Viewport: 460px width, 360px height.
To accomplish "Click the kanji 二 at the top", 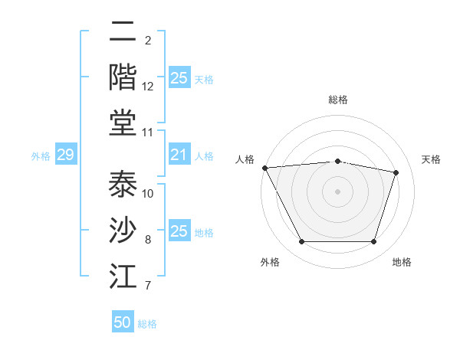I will [123, 33].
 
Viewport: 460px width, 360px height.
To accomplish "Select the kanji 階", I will [123, 77].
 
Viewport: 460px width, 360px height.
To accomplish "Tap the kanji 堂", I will [123, 123].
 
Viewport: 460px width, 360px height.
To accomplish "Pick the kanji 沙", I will [123, 231].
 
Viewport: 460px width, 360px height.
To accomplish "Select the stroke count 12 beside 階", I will [148, 87].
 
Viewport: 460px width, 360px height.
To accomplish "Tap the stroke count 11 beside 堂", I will [148, 133].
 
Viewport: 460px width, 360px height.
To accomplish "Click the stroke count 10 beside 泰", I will [148, 193].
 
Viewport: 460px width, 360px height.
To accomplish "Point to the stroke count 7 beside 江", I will [148, 286].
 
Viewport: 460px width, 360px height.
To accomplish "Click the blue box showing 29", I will [65, 155].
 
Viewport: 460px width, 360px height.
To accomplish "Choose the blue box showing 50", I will [123, 322].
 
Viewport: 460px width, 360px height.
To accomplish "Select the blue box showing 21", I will [179, 155].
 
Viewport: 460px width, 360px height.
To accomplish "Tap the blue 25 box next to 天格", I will [179, 77].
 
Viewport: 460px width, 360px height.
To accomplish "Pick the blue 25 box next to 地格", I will [179, 231].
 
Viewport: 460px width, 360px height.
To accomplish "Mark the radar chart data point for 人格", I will [264, 168].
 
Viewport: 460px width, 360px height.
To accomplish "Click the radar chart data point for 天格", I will [396, 172].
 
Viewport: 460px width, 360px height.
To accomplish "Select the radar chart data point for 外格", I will [301, 242].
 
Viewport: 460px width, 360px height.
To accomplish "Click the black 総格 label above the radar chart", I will [337, 100].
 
